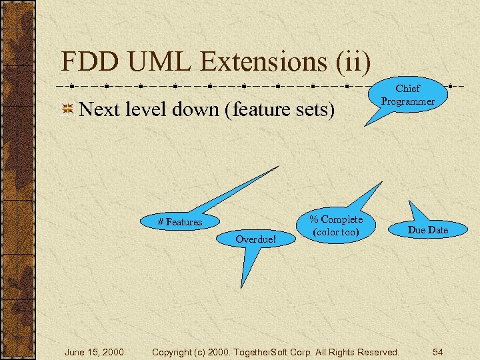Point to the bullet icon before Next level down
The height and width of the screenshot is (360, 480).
[67, 109]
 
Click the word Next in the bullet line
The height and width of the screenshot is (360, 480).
[99, 109]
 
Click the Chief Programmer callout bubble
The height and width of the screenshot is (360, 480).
[407, 95]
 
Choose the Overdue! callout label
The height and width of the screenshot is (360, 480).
[256, 238]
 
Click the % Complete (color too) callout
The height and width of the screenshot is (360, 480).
[336, 225]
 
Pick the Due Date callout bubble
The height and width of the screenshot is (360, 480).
[427, 229]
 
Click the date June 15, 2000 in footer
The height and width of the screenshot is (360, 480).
[93, 351]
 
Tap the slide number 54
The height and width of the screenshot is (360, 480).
[437, 351]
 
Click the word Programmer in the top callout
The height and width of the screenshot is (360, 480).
[408, 101]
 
